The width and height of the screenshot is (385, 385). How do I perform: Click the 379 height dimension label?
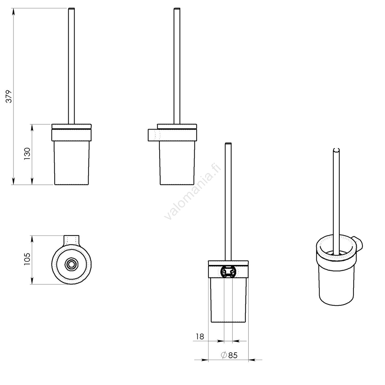[9, 96]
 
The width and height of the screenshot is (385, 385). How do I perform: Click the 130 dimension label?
[27, 154]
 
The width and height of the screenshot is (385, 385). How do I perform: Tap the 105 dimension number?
[27, 259]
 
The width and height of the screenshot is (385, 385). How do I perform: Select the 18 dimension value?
[200, 336]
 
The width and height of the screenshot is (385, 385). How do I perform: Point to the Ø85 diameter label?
[229, 355]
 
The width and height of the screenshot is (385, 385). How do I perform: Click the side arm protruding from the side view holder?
[154, 135]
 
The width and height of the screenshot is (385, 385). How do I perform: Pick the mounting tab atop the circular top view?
[71, 240]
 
